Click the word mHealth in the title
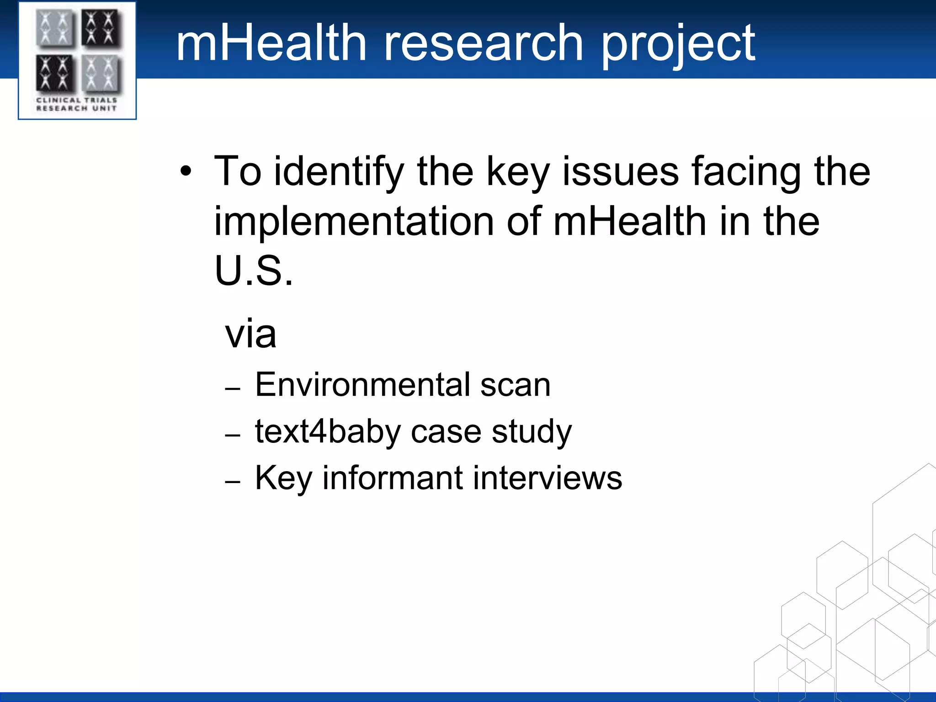coord(271,43)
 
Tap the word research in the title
coord(484,43)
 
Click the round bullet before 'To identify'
coord(186,172)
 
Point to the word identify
coord(339,172)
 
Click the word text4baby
coord(328,432)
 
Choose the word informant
coord(393,478)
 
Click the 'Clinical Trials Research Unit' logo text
coord(77,104)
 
